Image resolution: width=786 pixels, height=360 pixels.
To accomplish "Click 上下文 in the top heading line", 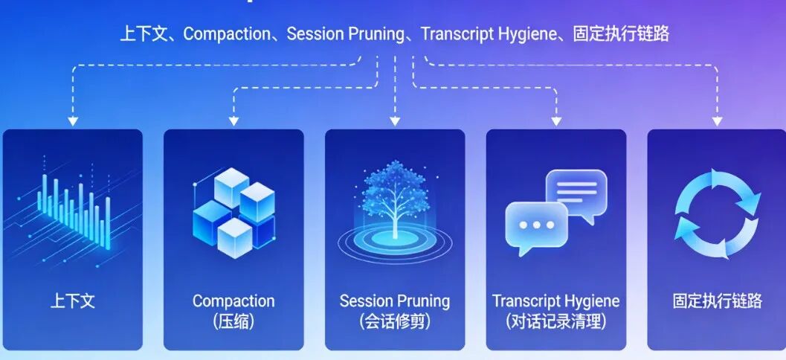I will tap(146, 34).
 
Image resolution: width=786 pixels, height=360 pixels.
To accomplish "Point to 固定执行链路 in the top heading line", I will tap(621, 34).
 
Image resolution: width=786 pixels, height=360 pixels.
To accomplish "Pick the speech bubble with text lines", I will tap(577, 192).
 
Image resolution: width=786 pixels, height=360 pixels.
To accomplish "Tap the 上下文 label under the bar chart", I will tap(73, 301).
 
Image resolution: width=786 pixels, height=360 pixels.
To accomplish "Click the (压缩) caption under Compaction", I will tap(233, 322).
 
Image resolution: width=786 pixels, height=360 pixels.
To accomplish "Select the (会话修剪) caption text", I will tap(394, 322).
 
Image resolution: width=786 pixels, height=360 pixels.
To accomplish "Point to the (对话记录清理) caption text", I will tap(555, 322).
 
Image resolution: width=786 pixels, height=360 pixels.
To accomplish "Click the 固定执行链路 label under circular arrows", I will tap(717, 301).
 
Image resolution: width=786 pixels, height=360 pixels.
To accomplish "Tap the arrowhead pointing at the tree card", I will tap(395, 120).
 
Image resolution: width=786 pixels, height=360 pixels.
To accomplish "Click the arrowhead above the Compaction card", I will tap(233, 120).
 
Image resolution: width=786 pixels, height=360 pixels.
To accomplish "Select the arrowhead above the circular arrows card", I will tap(717, 120).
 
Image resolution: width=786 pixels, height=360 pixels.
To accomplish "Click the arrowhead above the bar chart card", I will tap(73, 120).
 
